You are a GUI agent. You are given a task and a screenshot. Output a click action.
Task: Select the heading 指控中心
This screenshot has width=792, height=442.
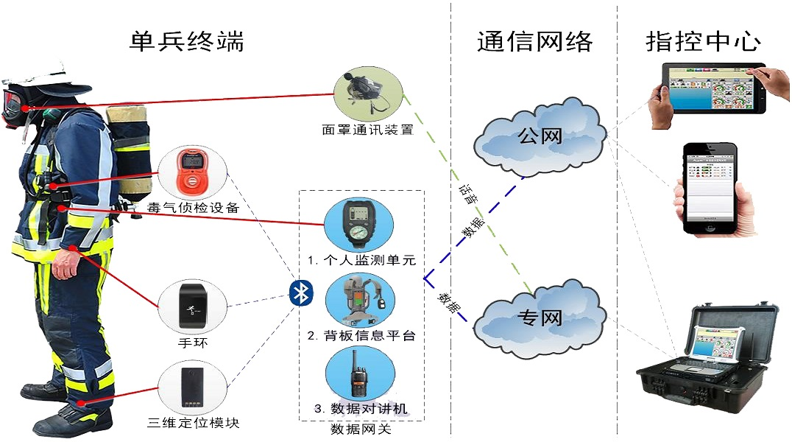[x=703, y=41]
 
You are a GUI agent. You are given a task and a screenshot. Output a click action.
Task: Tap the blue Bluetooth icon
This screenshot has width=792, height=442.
[x=300, y=293]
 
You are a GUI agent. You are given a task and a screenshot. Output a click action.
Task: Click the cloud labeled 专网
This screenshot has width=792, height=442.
[x=540, y=318]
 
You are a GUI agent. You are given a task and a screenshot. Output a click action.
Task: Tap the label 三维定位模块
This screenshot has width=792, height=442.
[x=194, y=423]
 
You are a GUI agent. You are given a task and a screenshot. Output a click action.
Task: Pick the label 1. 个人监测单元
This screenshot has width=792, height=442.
[x=361, y=260]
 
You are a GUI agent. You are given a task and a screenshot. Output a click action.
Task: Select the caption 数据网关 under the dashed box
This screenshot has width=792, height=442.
[x=361, y=429]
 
